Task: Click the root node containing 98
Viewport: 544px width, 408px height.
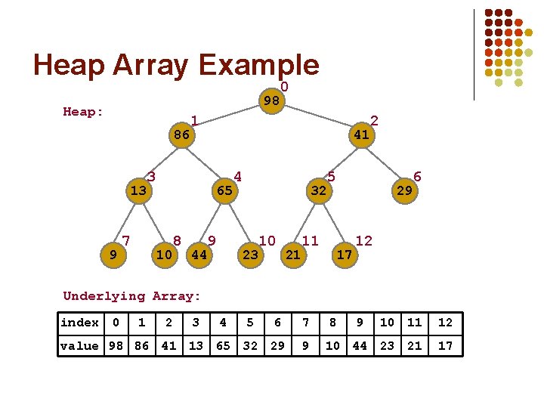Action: [272, 101]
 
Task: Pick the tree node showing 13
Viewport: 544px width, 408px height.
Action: [138, 190]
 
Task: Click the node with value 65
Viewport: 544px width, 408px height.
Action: [224, 190]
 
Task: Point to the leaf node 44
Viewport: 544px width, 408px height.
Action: [199, 255]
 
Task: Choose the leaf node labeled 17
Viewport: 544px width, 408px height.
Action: [345, 255]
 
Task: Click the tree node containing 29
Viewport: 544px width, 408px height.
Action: [404, 190]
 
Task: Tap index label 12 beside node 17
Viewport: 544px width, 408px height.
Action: [363, 241]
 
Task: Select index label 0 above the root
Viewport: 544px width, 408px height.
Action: [284, 87]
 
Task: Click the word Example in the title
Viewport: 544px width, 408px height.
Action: [258, 65]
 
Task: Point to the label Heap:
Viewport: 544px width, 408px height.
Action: [83, 112]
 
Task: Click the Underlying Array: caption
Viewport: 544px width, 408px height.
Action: [132, 296]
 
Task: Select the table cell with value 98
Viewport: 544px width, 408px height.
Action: [115, 346]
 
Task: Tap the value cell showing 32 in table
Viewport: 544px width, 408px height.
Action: [250, 346]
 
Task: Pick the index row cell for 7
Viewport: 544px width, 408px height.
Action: [305, 323]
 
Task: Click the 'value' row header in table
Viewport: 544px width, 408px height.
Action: [79, 346]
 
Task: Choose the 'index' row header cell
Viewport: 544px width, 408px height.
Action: [79, 323]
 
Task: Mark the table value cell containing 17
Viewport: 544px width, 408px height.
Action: [445, 346]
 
